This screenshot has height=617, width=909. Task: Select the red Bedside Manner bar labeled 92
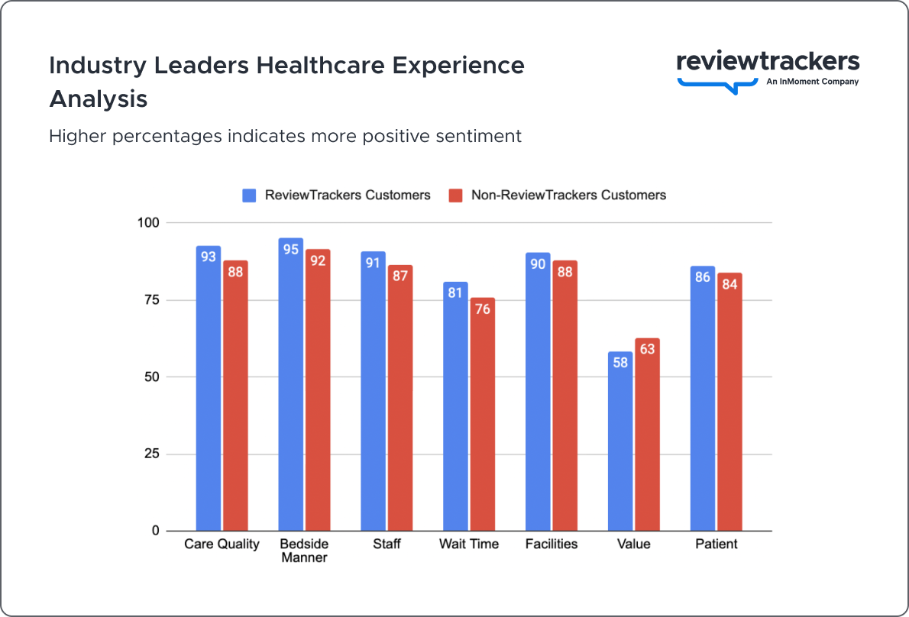(x=318, y=389)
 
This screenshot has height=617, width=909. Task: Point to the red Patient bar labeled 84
(x=729, y=402)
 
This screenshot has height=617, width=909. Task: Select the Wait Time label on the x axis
(x=469, y=544)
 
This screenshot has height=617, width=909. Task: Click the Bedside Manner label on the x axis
(x=304, y=551)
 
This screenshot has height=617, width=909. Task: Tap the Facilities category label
(x=552, y=544)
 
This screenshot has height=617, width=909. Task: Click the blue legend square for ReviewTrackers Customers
(x=249, y=195)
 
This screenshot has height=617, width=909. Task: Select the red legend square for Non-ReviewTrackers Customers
(x=455, y=195)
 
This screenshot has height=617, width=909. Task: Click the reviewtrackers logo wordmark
(x=768, y=63)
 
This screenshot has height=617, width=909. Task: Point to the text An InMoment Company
(x=812, y=82)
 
